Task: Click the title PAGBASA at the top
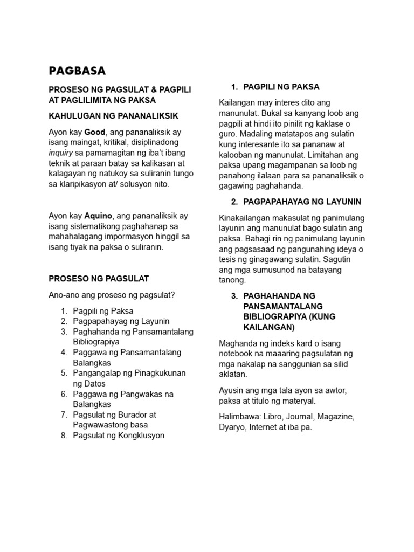pyautogui.click(x=77, y=71)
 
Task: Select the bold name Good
pyautogui.click(x=95, y=132)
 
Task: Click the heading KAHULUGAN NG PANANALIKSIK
pyautogui.click(x=113, y=116)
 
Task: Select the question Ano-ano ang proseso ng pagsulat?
pyautogui.click(x=112, y=295)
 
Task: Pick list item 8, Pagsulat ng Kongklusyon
pyautogui.click(x=119, y=436)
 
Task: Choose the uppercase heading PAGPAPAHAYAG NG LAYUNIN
pyautogui.click(x=302, y=202)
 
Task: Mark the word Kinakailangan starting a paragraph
pyautogui.click(x=246, y=218)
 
